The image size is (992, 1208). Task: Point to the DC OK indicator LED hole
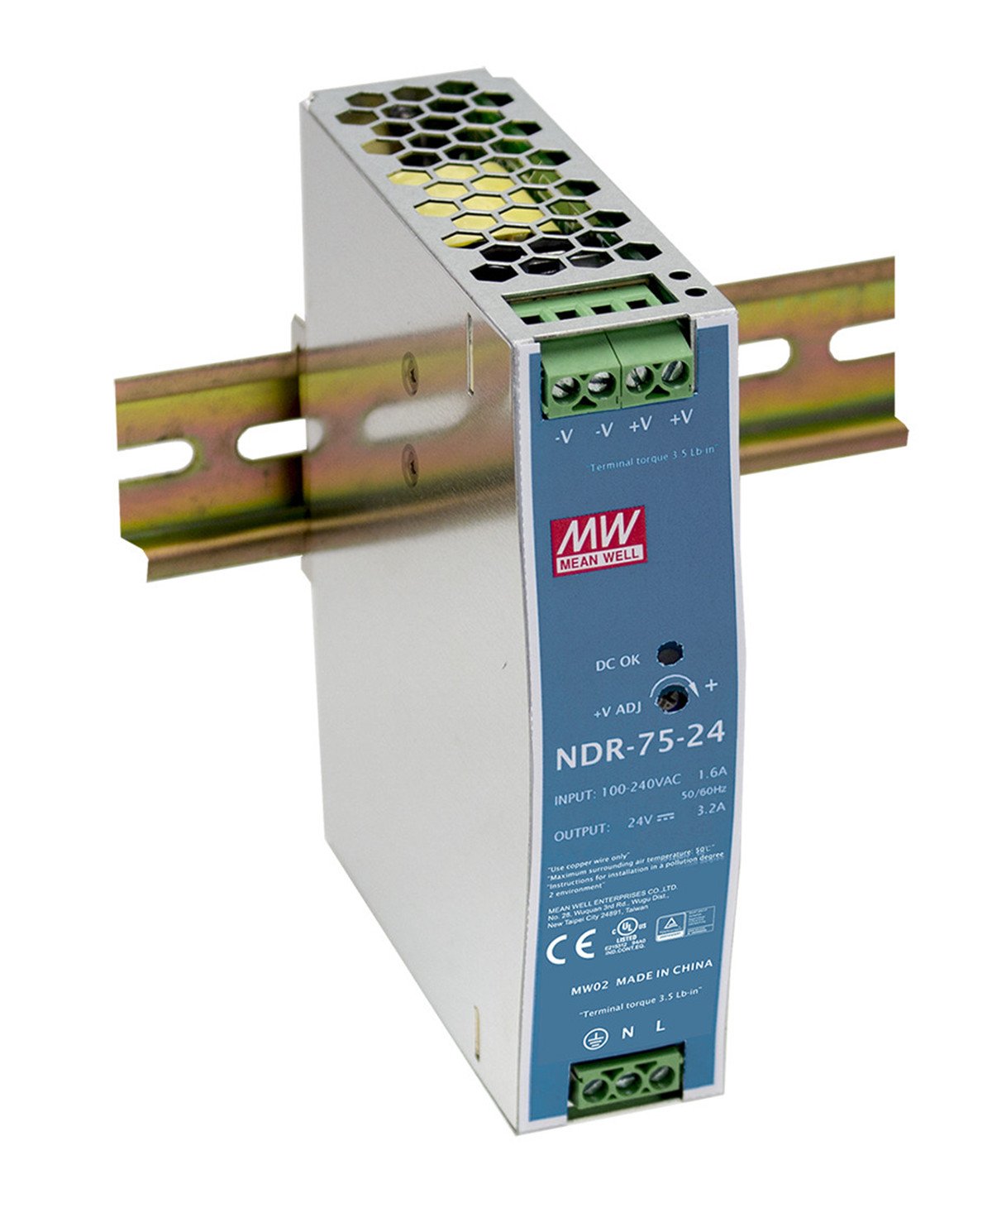669,654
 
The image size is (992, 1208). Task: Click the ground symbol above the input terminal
593,1034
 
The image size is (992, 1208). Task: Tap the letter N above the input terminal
628,1031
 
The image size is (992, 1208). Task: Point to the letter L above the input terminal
661,1027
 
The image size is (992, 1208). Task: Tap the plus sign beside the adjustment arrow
711,685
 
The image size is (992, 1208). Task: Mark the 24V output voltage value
637,822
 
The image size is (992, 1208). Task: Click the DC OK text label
618,663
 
